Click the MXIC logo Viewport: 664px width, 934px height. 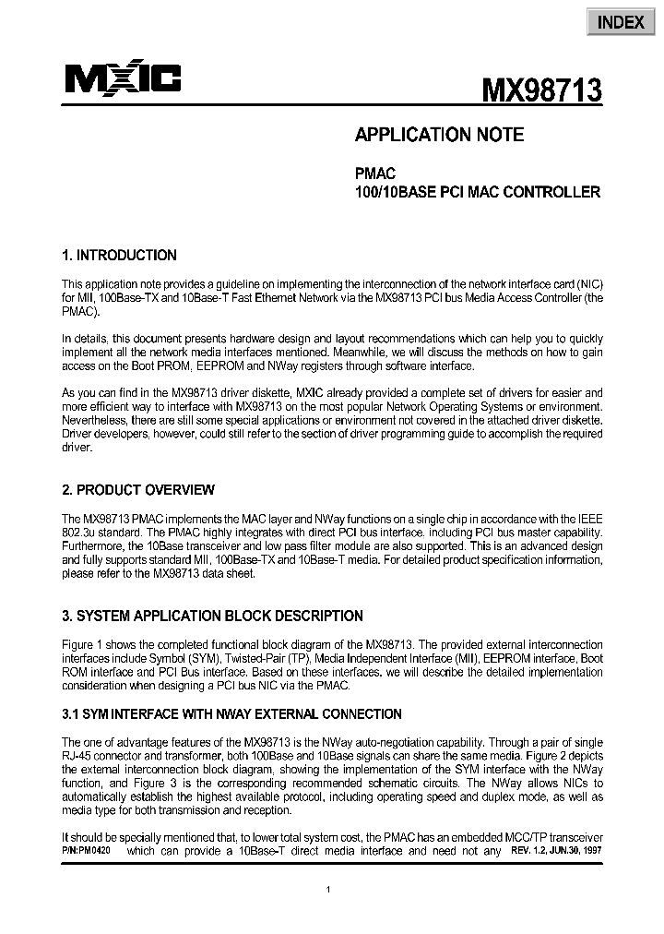[x=123, y=80]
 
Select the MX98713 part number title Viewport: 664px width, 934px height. [x=542, y=90]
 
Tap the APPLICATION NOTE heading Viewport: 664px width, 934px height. [x=439, y=135]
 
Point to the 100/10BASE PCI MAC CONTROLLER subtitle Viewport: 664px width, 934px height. [x=478, y=193]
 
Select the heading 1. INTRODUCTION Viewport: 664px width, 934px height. [x=119, y=256]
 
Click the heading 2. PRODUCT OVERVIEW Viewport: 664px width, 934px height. [x=137, y=490]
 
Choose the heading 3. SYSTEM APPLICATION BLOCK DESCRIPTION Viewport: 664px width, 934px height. [x=212, y=616]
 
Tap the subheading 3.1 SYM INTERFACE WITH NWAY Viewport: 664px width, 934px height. [x=231, y=713]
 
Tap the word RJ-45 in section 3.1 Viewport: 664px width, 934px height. [x=77, y=757]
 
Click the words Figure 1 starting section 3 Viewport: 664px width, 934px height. [x=84, y=644]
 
